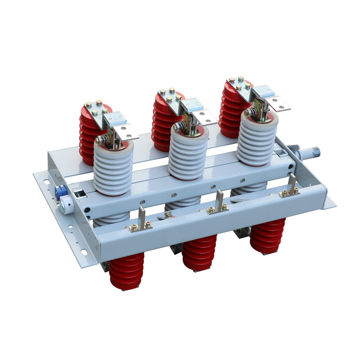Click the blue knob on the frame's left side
click(x=58, y=191)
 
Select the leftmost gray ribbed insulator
click(x=113, y=169)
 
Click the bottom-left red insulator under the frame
click(x=127, y=270)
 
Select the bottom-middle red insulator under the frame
click(x=199, y=252)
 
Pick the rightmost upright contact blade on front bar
click(x=293, y=182)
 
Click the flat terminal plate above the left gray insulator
click(x=127, y=131)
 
